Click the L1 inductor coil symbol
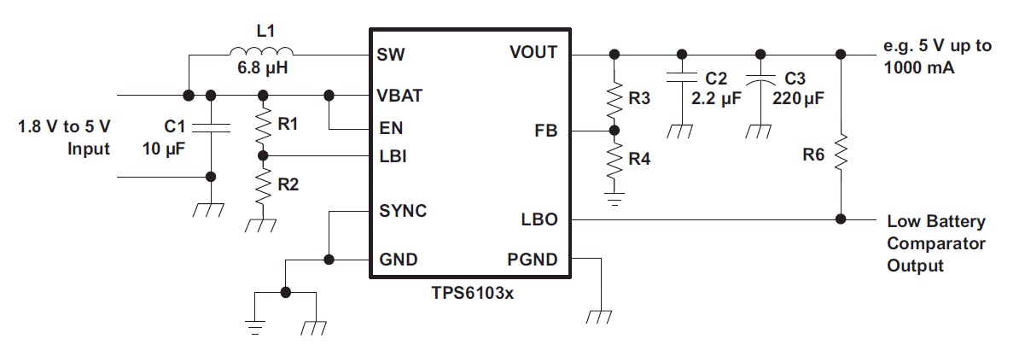tap(261, 50)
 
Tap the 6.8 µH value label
tap(263, 67)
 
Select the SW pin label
tap(390, 55)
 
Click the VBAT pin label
tap(399, 96)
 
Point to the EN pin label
tap(391, 128)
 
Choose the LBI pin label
tap(393, 156)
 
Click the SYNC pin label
tap(403, 211)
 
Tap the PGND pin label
tap(533, 260)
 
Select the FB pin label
tap(546, 131)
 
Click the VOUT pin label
tap(533, 52)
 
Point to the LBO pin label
tap(539, 219)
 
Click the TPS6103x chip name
tap(473, 293)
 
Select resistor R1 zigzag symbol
tap(263, 126)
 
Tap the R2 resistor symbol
tap(263, 186)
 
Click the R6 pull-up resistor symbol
tap(841, 153)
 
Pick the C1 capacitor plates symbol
tap(211, 128)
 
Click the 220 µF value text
tap(798, 98)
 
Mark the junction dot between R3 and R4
tap(614, 131)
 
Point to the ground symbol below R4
tap(614, 199)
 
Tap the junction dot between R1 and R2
tap(263, 156)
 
